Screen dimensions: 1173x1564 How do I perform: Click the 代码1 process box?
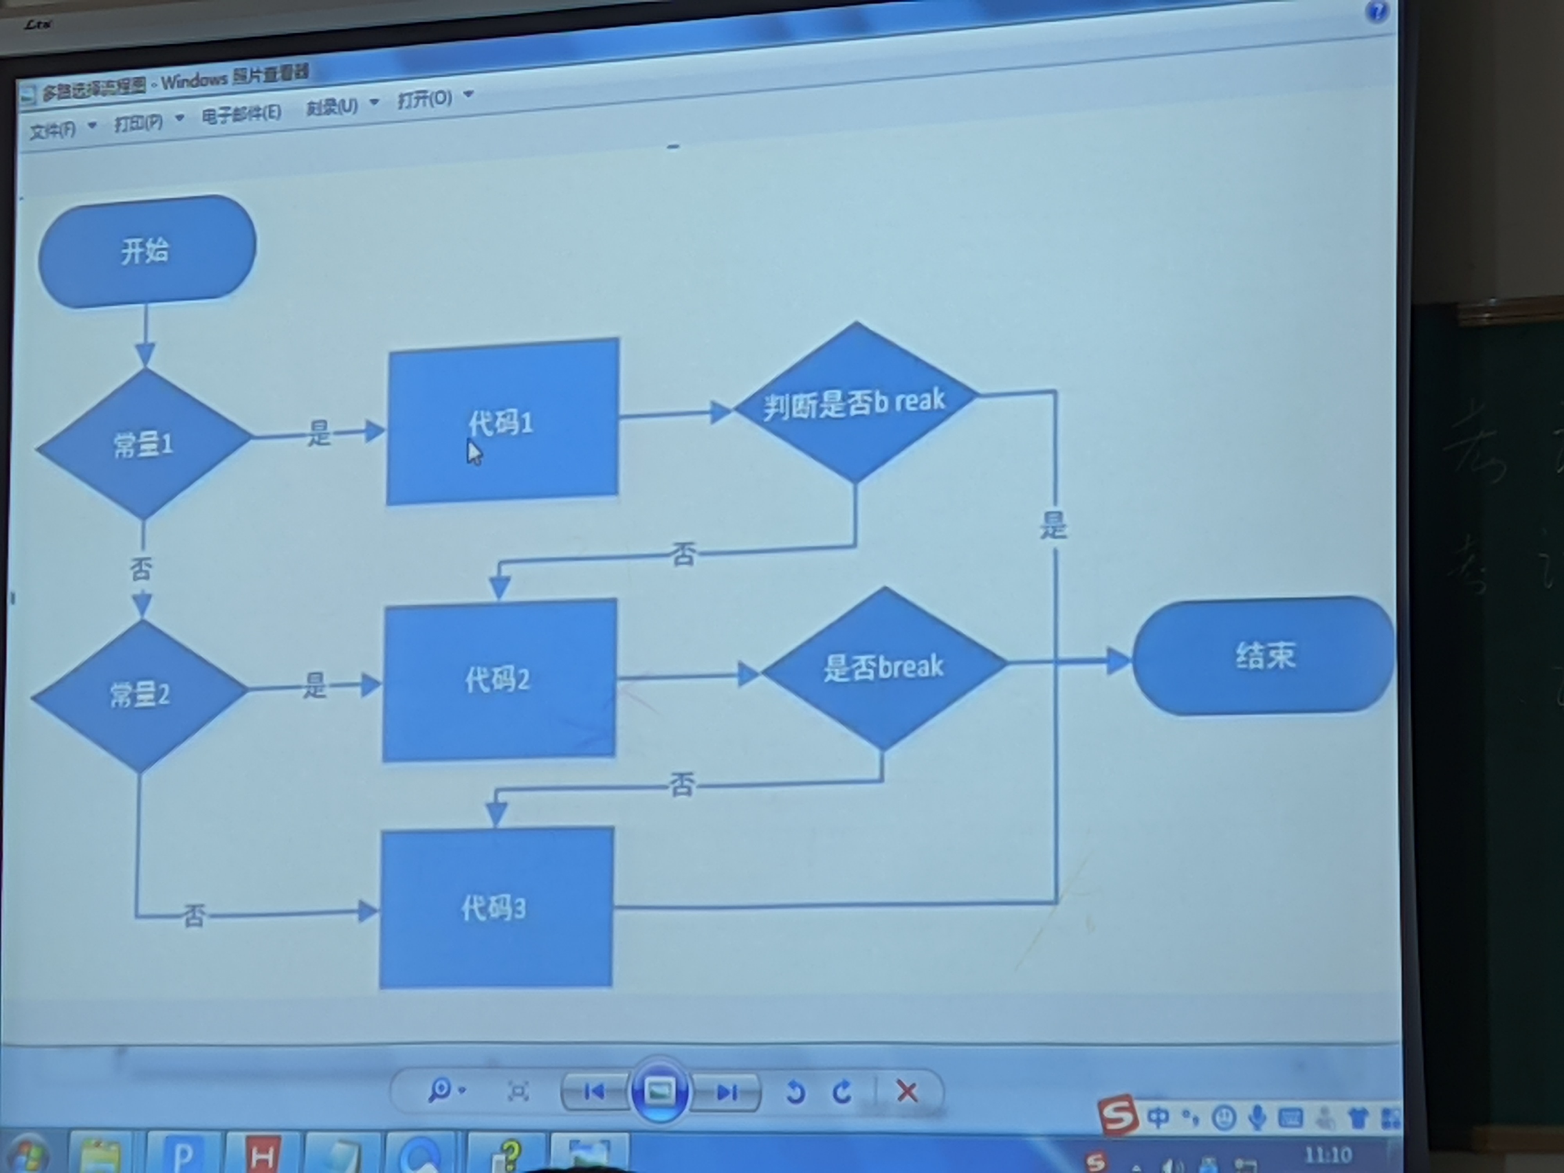(502, 422)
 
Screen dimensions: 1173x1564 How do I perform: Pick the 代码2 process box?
(499, 680)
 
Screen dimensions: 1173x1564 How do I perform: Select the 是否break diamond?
(884, 667)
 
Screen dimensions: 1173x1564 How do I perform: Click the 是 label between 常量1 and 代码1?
(319, 433)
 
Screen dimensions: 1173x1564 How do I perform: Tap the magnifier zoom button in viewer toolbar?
(441, 1090)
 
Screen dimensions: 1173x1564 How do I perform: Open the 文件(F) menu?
(54, 129)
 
